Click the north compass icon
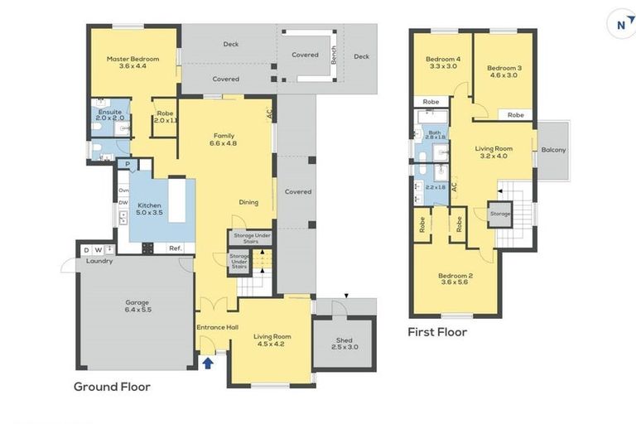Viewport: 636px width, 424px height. (620, 24)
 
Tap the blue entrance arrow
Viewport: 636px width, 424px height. (207, 361)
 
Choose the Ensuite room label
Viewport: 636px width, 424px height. (110, 114)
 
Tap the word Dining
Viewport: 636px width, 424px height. (248, 202)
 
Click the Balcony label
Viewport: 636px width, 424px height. (553, 150)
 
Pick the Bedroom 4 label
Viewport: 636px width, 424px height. (442, 62)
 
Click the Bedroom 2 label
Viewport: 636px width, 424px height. (455, 279)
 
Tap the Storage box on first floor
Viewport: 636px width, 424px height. (499, 213)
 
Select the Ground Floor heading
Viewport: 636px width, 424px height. (112, 386)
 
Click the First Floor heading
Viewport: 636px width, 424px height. (437, 332)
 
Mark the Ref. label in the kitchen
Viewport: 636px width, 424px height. (175, 248)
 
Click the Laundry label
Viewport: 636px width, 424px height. (99, 262)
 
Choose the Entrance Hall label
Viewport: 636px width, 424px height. (217, 328)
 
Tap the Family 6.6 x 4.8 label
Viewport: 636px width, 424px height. (224, 139)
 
